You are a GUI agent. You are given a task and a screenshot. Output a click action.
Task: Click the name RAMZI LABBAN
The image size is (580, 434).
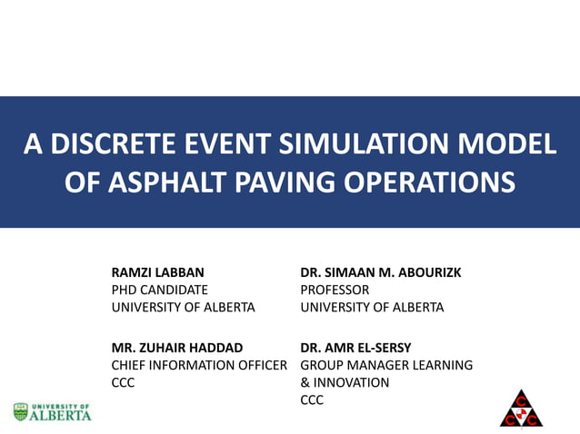[x=157, y=272]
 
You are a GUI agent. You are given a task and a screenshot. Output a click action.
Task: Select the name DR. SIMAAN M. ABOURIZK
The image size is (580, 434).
[x=381, y=272]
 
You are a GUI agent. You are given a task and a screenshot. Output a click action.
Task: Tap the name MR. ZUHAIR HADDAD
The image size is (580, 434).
[x=176, y=347]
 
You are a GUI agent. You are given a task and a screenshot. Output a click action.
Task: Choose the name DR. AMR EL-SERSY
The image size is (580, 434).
[x=355, y=347]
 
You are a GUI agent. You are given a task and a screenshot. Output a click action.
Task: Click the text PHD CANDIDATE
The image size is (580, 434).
[x=159, y=290]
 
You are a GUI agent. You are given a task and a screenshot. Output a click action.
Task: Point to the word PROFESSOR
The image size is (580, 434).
[x=335, y=290]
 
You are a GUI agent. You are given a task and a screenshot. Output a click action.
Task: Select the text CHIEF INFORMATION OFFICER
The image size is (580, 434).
[x=199, y=365]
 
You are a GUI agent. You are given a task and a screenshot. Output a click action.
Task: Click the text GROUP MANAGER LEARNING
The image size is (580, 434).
[x=386, y=365]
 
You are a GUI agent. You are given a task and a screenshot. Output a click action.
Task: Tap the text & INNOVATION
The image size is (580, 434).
[x=345, y=382]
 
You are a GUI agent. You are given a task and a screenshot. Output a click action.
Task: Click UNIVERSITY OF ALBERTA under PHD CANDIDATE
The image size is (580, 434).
[x=183, y=307]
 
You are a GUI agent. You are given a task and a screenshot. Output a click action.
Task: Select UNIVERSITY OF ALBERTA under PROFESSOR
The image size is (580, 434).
[x=372, y=307]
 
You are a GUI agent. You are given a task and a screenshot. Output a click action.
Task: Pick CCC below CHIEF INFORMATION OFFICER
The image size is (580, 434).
[x=124, y=382]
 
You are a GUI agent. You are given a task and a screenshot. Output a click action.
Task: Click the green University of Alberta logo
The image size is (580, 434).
[x=53, y=412]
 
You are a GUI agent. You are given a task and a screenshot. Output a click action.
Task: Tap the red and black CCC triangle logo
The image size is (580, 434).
[x=521, y=409]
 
